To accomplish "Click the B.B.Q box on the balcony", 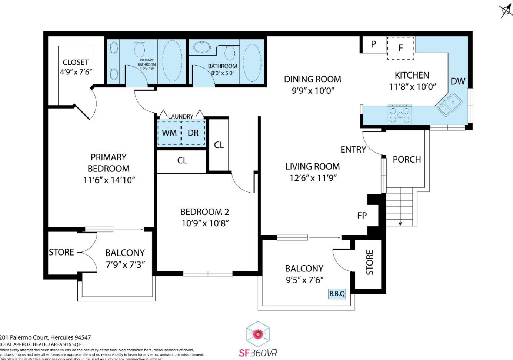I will pyautogui.click(x=337, y=294).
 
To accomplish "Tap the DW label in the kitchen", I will pyautogui.click(x=458, y=81).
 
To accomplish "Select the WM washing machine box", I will pyautogui.click(x=169, y=133).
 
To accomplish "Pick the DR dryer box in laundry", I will pyautogui.click(x=193, y=133).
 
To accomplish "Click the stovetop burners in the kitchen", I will pyautogui.click(x=400, y=114).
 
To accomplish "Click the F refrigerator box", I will pyautogui.click(x=400, y=48).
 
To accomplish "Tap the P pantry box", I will pyautogui.click(x=373, y=44).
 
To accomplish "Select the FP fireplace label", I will pyautogui.click(x=362, y=216).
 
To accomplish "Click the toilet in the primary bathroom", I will pyautogui.click(x=140, y=49).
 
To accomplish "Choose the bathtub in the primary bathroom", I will pyautogui.click(x=172, y=61).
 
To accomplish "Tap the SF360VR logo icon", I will pyautogui.click(x=258, y=334).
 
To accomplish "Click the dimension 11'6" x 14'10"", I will pyautogui.click(x=109, y=180).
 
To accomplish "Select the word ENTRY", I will pyautogui.click(x=353, y=150).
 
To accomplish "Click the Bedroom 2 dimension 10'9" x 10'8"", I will pyautogui.click(x=205, y=223).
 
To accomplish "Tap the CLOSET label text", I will pyautogui.click(x=76, y=62).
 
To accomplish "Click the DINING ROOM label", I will pyautogui.click(x=312, y=79).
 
